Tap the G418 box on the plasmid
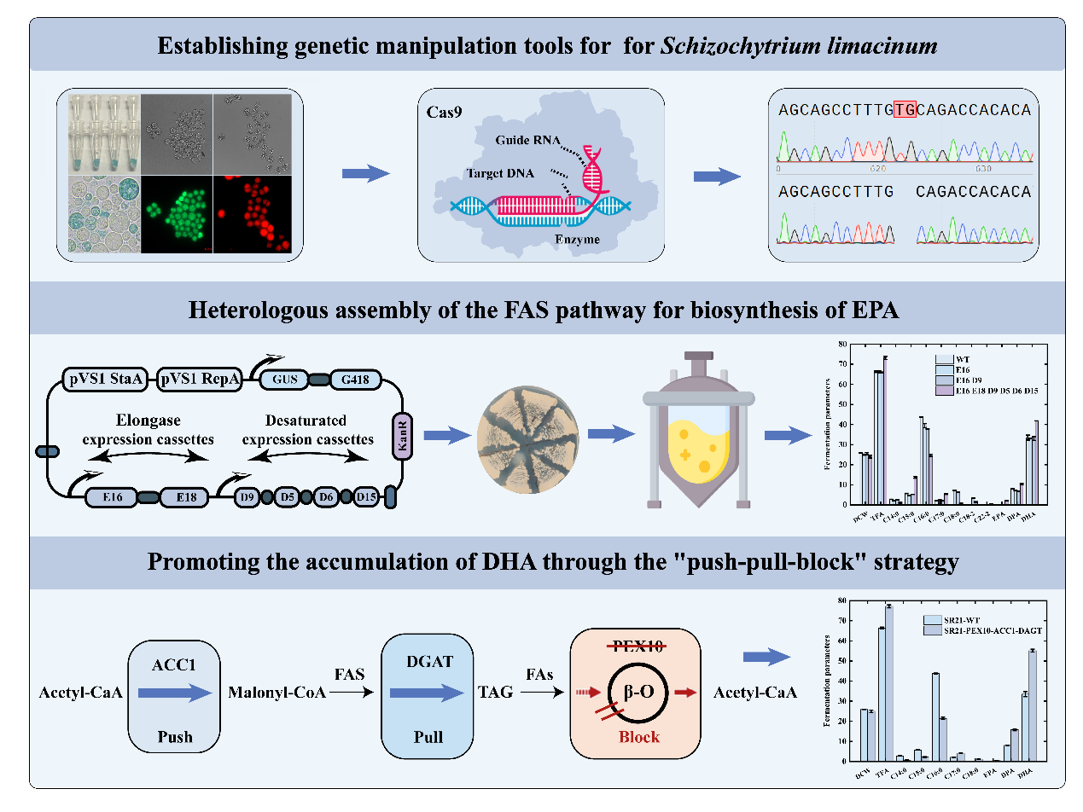pyautogui.click(x=355, y=379)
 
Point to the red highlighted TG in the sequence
pyautogui.click(x=904, y=110)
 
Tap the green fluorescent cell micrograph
pyautogui.click(x=176, y=215)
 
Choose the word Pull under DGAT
pyautogui.click(x=428, y=736)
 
